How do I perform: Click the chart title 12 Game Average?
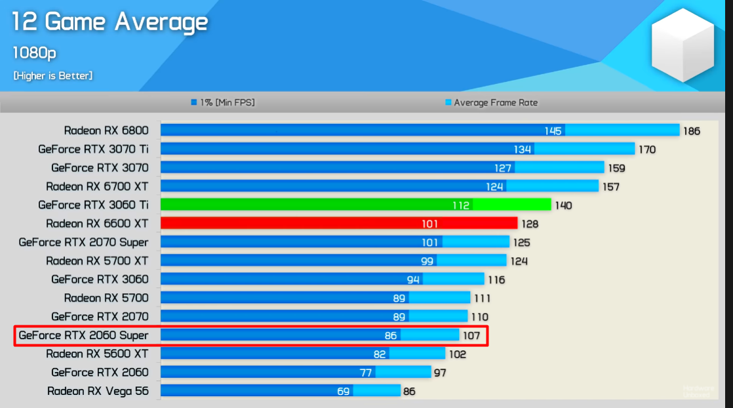(110, 22)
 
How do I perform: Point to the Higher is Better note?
(52, 75)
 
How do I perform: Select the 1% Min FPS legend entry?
(222, 102)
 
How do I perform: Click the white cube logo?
(682, 45)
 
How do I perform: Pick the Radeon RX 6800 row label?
(106, 131)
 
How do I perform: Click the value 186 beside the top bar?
(692, 131)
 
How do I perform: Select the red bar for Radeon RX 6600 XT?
(338, 224)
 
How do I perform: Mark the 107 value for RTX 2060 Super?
(471, 336)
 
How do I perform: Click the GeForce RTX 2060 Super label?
(83, 335)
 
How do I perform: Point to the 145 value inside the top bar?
(553, 131)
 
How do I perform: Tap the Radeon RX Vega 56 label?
(98, 391)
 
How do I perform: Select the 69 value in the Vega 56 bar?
(343, 391)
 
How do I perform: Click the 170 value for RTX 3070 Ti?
(647, 150)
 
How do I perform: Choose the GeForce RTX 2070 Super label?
(83, 242)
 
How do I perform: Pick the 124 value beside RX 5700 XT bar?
(519, 261)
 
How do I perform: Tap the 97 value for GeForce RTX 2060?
(440, 373)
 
